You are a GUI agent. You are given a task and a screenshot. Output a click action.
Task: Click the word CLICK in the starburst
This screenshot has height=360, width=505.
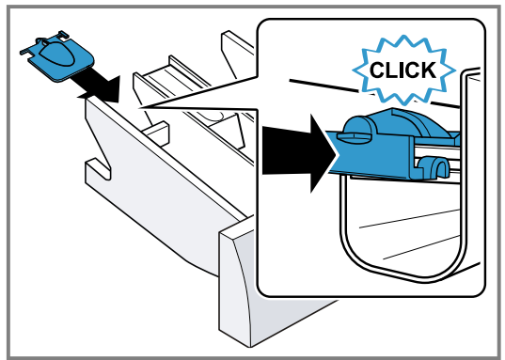(402, 70)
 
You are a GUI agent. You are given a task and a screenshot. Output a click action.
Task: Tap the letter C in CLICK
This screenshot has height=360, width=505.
(378, 70)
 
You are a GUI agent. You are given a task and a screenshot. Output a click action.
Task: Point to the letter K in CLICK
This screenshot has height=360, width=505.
(428, 70)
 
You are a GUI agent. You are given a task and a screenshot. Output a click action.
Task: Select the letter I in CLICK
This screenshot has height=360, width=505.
(400, 70)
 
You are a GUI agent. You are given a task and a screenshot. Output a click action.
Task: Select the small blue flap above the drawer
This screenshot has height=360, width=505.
(57, 55)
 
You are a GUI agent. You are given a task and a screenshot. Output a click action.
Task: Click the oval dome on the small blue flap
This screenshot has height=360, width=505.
(58, 55)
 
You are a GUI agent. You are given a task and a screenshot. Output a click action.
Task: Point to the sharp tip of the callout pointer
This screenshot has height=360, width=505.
(139, 107)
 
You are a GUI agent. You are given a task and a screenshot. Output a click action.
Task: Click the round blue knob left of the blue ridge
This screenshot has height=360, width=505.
(358, 127)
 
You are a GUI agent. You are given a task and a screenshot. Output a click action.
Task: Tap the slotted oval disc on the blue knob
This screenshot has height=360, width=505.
(355, 136)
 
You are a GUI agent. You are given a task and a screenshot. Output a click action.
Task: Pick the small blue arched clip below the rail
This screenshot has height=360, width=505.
(434, 166)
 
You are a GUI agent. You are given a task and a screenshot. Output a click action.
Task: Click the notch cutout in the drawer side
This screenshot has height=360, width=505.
(98, 168)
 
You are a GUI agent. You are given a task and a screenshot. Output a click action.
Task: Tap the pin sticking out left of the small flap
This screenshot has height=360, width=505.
(25, 52)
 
